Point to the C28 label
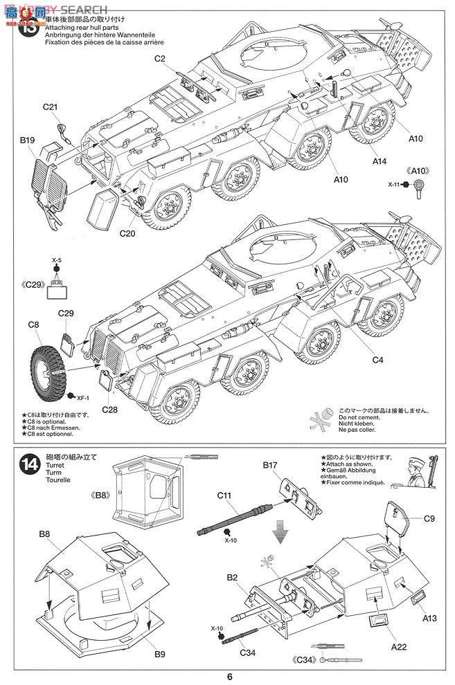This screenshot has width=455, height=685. [110, 410]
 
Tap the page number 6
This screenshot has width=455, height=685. [228, 676]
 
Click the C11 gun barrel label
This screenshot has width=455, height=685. [224, 495]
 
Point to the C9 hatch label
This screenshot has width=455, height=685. [429, 518]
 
